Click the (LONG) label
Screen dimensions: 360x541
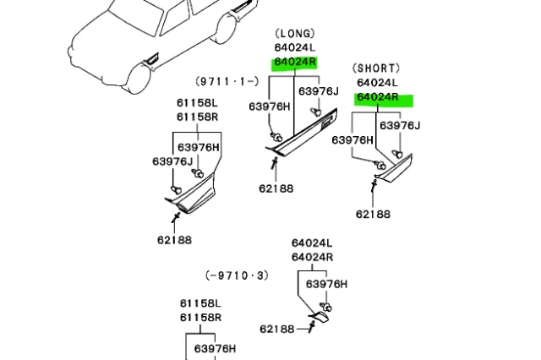[295, 34]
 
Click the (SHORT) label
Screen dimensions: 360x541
[376, 68]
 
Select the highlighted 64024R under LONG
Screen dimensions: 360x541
[294, 63]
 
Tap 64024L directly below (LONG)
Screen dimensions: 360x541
[294, 48]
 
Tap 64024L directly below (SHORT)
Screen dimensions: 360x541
[377, 83]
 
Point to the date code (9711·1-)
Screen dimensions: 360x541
[227, 81]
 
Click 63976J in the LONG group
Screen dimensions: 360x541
[318, 91]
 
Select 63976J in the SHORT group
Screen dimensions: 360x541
[400, 126]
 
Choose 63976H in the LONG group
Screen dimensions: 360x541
[269, 106]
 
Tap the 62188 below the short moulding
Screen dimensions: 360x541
[373, 214]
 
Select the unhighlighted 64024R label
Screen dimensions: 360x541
[312, 257]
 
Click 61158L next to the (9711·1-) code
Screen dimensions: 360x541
[197, 103]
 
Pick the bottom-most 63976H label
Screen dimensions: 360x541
[215, 348]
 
